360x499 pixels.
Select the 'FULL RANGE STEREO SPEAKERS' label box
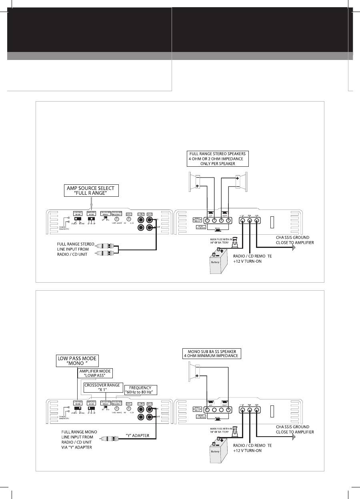(x=218, y=159)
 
